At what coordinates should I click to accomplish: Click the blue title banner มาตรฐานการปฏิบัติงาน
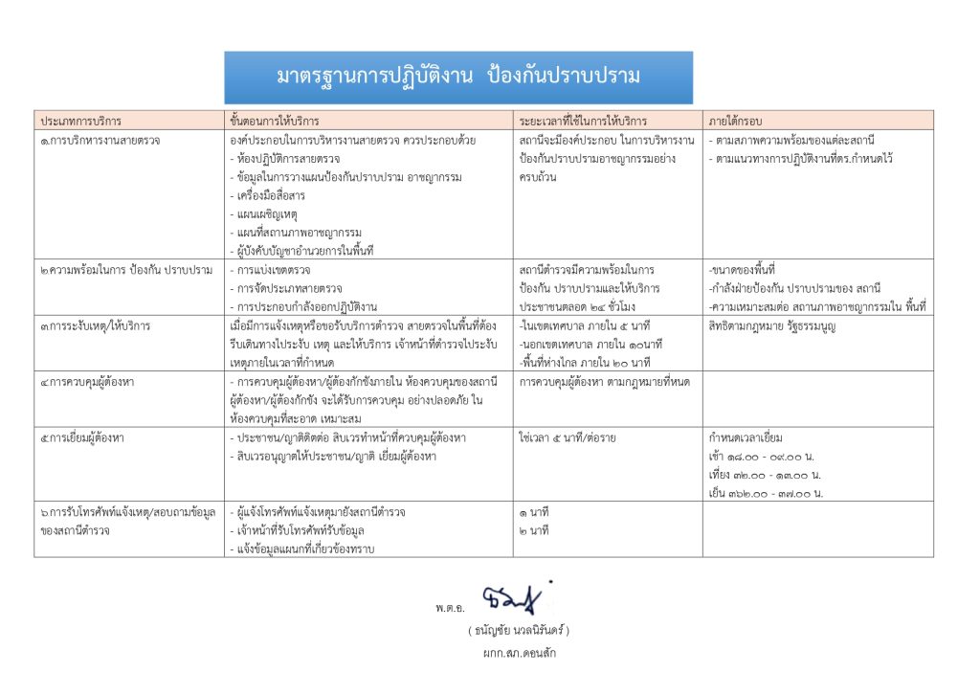click(458, 78)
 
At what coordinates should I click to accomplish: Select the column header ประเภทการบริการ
click(80, 122)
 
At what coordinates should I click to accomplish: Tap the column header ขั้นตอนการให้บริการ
click(275, 122)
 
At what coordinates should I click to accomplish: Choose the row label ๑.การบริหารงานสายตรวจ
click(100, 141)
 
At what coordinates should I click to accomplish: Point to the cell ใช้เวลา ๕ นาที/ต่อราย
click(568, 437)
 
